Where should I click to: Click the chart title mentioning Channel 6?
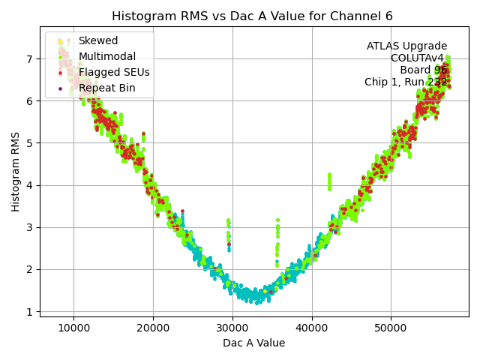click(252, 16)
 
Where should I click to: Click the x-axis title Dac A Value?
click(253, 343)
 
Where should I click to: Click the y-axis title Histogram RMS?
click(16, 172)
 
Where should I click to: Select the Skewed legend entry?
click(97, 40)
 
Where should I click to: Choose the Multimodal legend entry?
click(106, 56)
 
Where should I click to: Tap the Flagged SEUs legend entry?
click(114, 72)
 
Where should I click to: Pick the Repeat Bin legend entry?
click(106, 88)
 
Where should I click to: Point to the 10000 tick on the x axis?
click(73, 327)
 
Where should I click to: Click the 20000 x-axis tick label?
click(153, 327)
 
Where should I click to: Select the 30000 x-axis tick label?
click(232, 327)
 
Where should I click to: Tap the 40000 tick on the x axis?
click(312, 327)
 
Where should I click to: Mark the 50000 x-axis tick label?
click(391, 327)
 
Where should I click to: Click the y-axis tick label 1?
click(29, 311)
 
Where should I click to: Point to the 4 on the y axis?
click(29, 185)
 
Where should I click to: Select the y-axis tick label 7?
click(29, 58)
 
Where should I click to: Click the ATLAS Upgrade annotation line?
click(406, 46)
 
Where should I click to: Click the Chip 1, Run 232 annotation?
click(406, 82)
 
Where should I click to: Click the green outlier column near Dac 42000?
click(329, 181)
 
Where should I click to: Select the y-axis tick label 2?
click(29, 269)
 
